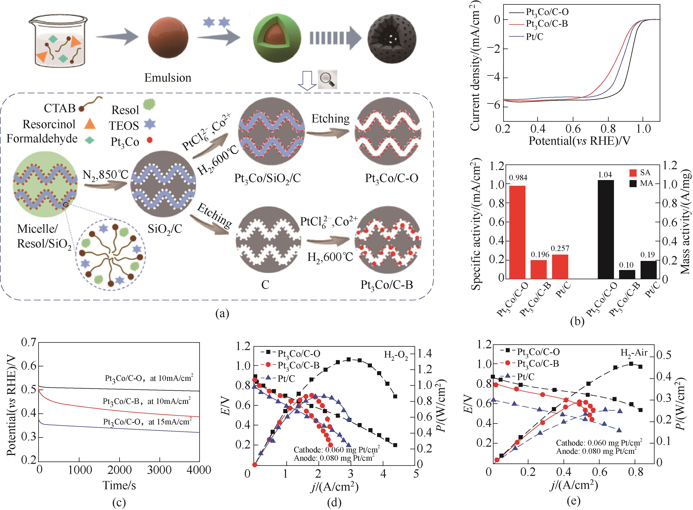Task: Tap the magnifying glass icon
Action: click(x=328, y=80)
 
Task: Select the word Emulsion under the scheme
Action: click(x=168, y=78)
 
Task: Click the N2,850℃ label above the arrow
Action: click(x=105, y=175)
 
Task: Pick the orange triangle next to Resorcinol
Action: click(x=90, y=124)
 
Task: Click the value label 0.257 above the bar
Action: click(x=560, y=248)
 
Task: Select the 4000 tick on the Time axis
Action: click(x=199, y=470)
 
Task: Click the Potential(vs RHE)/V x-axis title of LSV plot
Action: click(x=579, y=141)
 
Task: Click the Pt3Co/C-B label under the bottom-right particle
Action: click(x=387, y=285)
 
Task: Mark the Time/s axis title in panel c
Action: click(x=119, y=485)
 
